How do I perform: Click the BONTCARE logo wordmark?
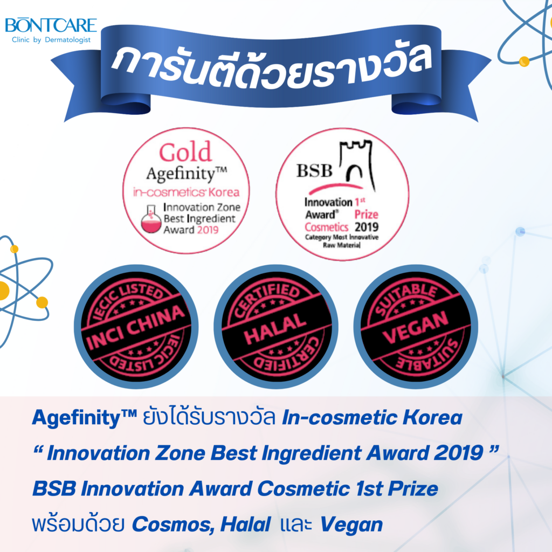51,25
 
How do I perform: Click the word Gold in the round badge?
185,152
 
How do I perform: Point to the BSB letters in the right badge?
314,171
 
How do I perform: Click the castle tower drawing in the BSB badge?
356,165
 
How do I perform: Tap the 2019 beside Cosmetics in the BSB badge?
367,227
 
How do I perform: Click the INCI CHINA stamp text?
136,327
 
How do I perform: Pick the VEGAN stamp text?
416,327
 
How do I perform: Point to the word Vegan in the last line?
351,525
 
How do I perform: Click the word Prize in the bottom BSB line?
413,488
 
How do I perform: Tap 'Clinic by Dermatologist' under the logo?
51,40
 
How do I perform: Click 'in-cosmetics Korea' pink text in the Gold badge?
186,192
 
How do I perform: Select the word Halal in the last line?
246,525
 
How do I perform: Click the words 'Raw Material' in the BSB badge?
342,245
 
